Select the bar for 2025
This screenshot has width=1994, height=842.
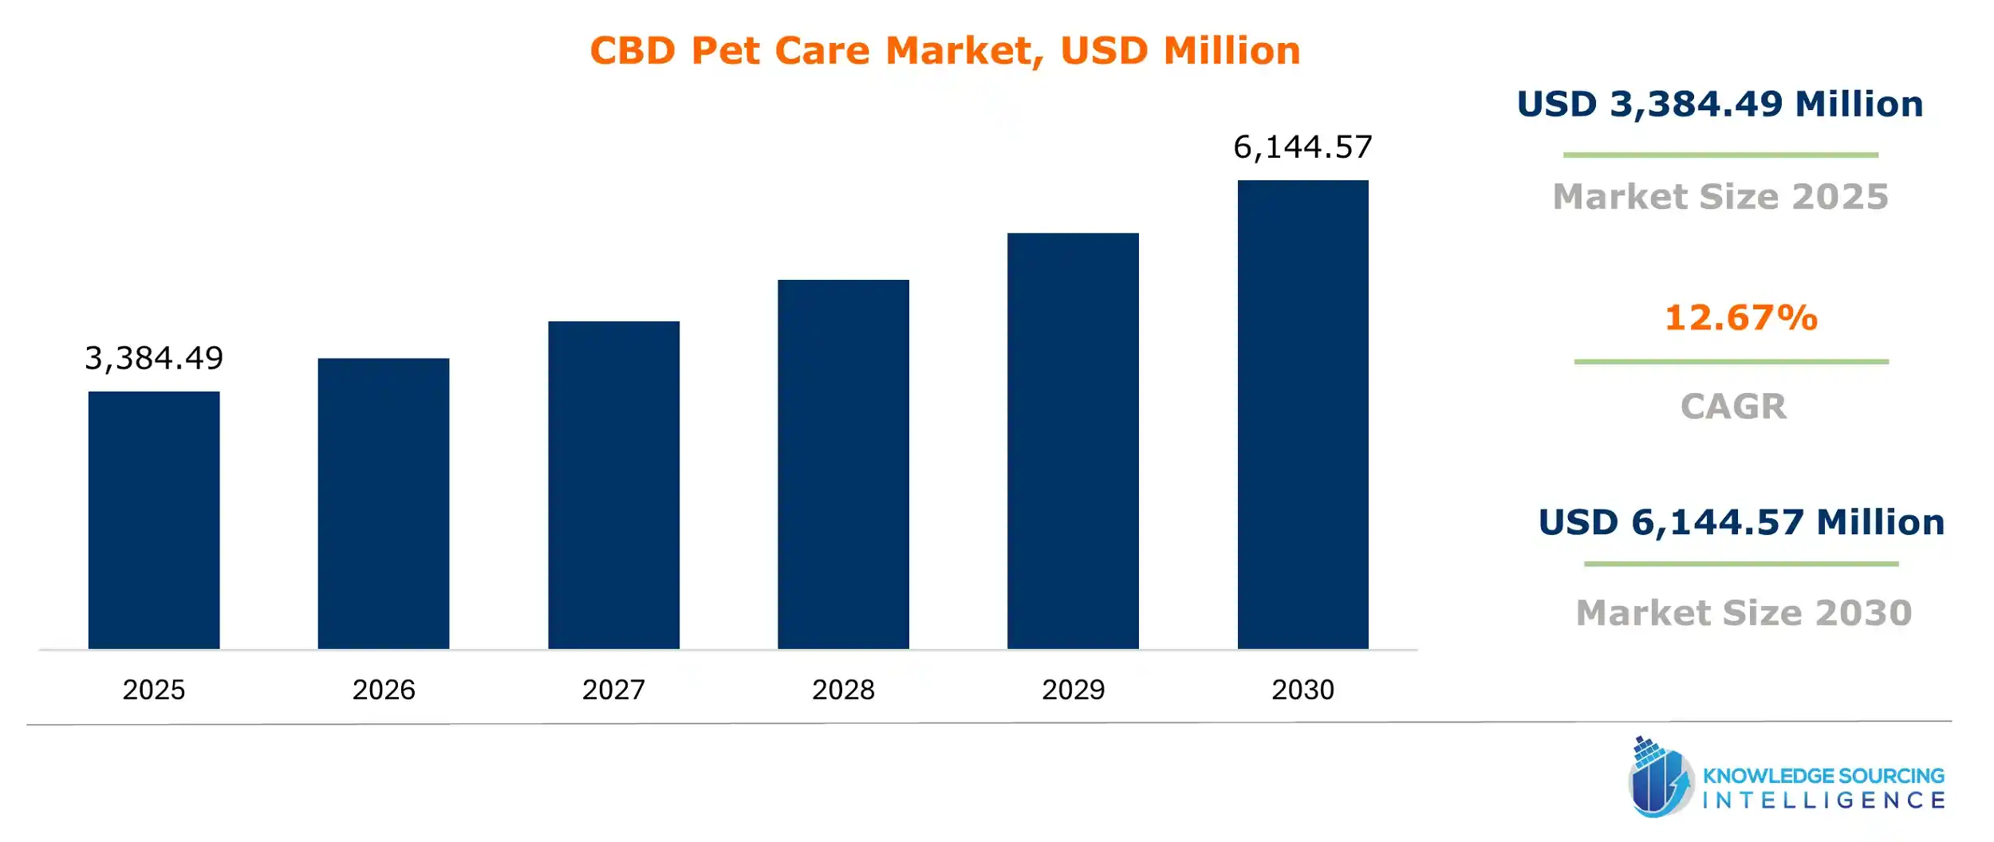click(x=154, y=520)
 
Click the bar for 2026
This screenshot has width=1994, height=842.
click(x=384, y=503)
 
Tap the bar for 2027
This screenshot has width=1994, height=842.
click(x=613, y=485)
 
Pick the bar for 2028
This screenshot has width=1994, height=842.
click(x=843, y=464)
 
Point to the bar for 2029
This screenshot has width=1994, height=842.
click(x=1073, y=441)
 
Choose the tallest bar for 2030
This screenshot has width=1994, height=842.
click(x=1302, y=415)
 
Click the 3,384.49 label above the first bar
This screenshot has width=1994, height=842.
click(x=154, y=359)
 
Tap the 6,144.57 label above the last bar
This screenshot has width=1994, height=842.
click(x=1302, y=148)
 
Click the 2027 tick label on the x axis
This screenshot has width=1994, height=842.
click(x=613, y=690)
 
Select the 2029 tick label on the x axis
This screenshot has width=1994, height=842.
click(x=1073, y=690)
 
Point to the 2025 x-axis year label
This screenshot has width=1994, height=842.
click(x=154, y=690)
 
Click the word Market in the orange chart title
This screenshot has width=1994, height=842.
click(x=959, y=51)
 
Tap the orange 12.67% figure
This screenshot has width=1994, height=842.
click(x=1740, y=317)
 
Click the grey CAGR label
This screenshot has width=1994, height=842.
click(x=1733, y=407)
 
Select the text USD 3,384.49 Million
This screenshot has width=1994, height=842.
click(x=1720, y=104)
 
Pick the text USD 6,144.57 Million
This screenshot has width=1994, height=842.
click(x=1741, y=522)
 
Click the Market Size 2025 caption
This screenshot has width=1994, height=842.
click(x=1720, y=196)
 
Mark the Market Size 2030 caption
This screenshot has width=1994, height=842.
click(x=1744, y=612)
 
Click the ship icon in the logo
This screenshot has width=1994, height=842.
click(x=1659, y=777)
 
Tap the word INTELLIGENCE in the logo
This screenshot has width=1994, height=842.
click(x=1823, y=800)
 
